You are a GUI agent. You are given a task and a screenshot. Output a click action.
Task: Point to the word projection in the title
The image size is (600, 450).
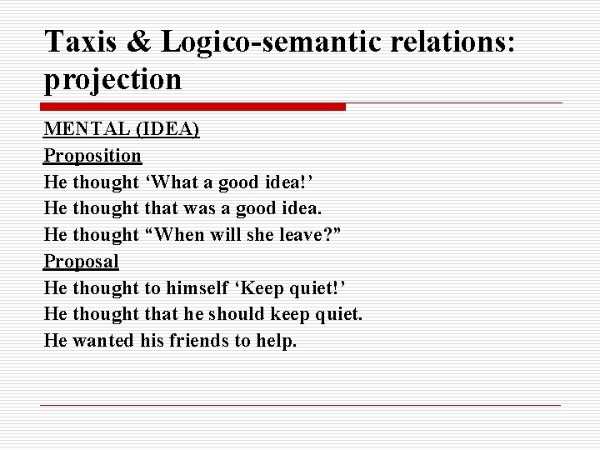[x=112, y=79]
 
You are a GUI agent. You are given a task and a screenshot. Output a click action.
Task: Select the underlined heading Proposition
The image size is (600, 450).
[x=92, y=156]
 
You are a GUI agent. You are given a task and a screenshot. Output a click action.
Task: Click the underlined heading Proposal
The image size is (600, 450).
[x=82, y=261]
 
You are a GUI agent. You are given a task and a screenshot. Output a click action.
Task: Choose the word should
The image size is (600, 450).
[x=258, y=314]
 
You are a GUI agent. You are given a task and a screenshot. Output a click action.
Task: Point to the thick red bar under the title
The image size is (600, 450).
[x=193, y=107]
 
